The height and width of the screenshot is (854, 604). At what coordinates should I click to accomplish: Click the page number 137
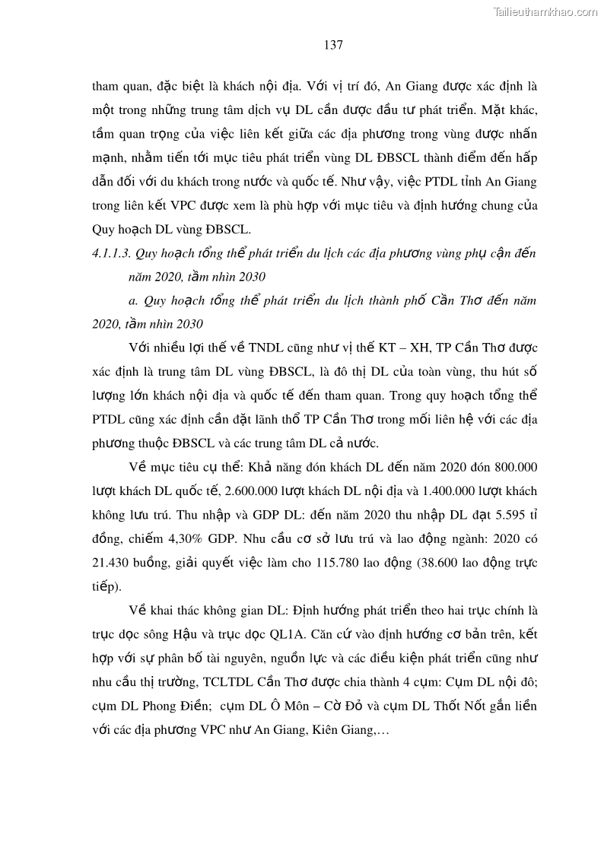333,45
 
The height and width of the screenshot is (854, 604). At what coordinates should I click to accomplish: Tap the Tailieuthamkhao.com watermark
545,11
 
